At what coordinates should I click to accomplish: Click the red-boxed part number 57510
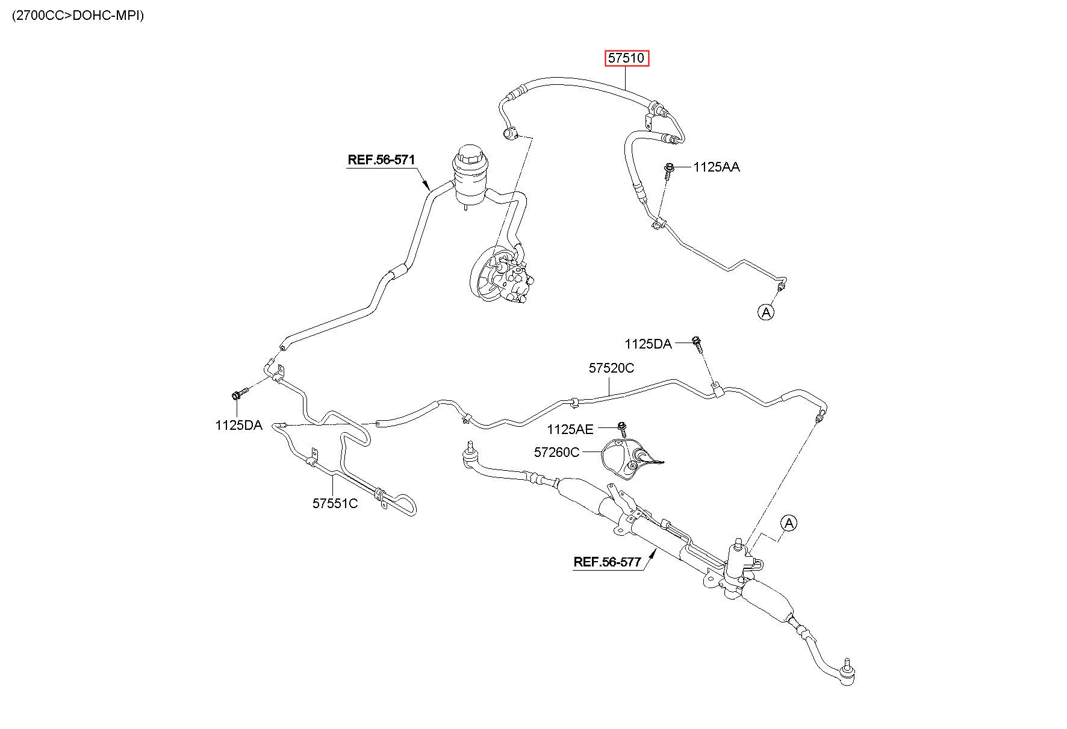click(627, 58)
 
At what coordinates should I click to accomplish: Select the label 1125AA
click(717, 167)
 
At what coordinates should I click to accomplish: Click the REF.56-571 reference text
click(381, 160)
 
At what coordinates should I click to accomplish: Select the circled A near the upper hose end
click(766, 312)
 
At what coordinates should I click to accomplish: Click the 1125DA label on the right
click(648, 344)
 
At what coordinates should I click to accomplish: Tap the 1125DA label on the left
click(238, 425)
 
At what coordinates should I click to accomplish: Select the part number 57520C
click(611, 368)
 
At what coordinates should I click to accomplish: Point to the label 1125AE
click(570, 429)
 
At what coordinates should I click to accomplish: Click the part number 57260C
click(556, 451)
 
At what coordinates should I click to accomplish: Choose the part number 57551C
click(335, 503)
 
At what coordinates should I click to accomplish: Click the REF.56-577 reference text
click(608, 562)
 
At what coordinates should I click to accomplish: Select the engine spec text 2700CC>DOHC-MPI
click(78, 16)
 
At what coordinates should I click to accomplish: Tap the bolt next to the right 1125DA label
click(698, 344)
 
